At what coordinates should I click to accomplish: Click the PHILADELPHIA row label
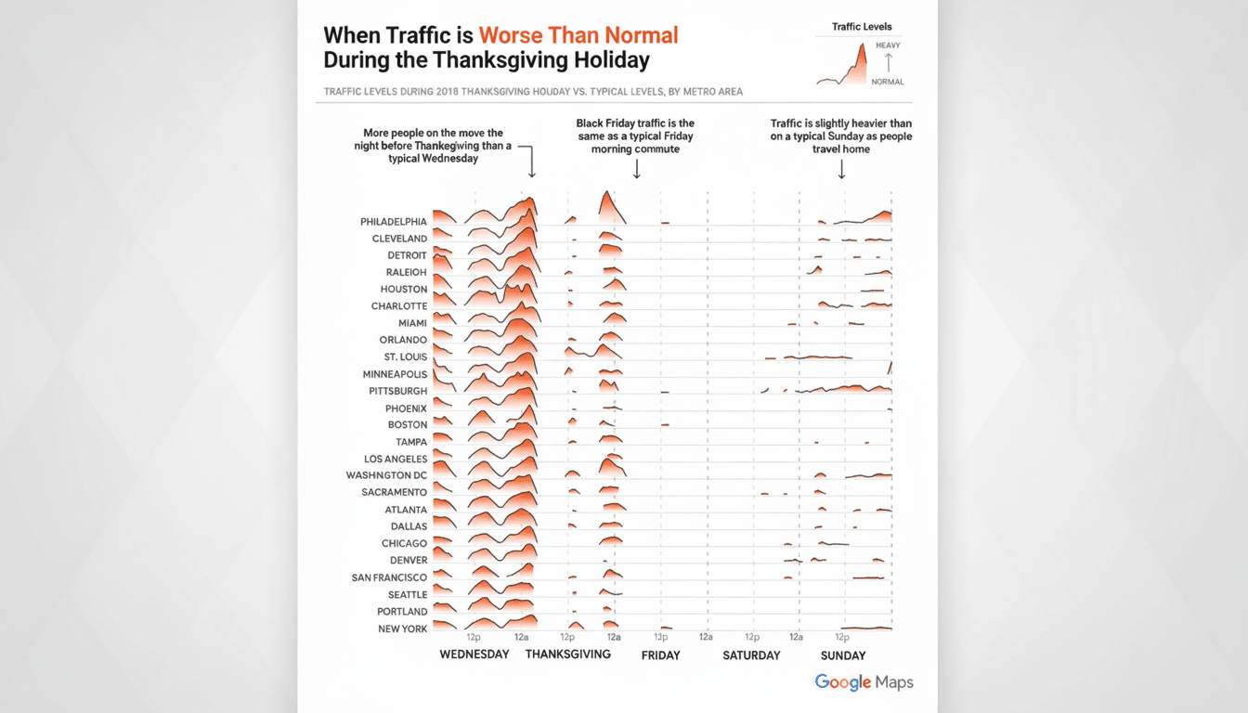click(394, 222)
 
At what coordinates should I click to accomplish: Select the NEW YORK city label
click(402, 629)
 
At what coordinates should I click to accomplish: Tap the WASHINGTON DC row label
click(386, 475)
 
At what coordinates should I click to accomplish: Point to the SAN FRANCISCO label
click(389, 577)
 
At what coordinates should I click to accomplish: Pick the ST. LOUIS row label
click(405, 357)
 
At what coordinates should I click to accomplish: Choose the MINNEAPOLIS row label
click(395, 374)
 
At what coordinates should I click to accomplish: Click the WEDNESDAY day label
click(474, 655)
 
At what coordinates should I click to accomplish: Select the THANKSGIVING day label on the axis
click(567, 654)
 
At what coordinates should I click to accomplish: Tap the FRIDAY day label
click(660, 655)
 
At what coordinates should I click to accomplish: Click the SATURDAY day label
click(751, 655)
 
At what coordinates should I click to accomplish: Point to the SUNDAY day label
click(843, 655)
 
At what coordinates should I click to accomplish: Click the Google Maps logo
click(864, 682)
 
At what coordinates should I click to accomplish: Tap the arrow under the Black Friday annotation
click(637, 168)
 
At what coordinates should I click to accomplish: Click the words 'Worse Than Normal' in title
click(578, 36)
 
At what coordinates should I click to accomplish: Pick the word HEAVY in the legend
click(887, 45)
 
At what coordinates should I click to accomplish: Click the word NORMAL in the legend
click(887, 82)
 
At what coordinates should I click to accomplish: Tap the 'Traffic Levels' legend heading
click(862, 27)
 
